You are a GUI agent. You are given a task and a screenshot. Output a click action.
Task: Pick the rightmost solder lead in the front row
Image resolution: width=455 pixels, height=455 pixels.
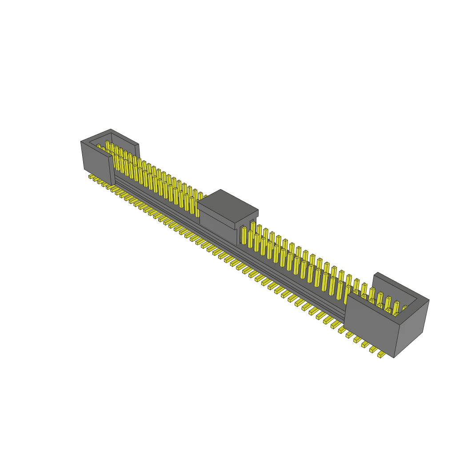point(381,355)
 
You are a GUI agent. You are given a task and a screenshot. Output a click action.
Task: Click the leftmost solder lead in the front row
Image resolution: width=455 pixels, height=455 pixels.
point(91,176)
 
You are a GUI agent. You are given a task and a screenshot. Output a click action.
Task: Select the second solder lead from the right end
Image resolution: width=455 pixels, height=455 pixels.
point(373,350)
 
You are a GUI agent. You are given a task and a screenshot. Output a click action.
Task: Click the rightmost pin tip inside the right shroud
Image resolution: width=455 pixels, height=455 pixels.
point(404,307)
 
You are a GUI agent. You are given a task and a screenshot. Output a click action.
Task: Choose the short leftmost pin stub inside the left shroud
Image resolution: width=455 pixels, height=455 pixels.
point(99,146)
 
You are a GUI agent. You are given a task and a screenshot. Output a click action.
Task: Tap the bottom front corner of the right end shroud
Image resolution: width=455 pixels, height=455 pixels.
point(394,357)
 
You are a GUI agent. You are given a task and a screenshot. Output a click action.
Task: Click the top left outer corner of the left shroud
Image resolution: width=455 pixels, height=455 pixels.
point(81,142)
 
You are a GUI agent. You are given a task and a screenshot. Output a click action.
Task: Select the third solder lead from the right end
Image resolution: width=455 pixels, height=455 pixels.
point(365,344)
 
